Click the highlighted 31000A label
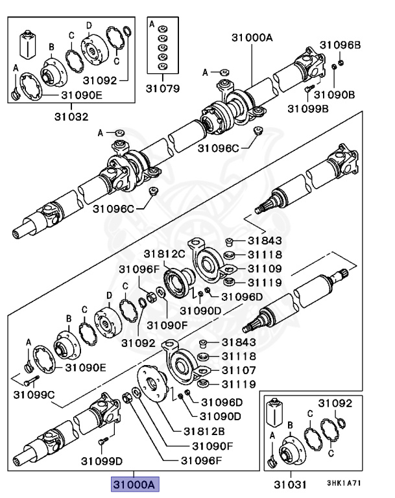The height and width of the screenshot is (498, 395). pyautogui.click(x=134, y=484)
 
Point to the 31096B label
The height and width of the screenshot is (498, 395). pyautogui.click(x=339, y=45)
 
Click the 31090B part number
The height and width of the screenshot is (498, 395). pyautogui.click(x=338, y=95)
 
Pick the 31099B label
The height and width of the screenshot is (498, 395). pyautogui.click(x=308, y=108)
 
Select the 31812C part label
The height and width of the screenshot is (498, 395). pyautogui.click(x=164, y=253)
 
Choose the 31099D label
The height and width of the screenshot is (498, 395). pyautogui.click(x=102, y=462)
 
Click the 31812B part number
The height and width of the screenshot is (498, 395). pyautogui.click(x=203, y=431)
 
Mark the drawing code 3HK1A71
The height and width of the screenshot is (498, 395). pyautogui.click(x=342, y=483)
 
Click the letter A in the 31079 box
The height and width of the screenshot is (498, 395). pyautogui.click(x=152, y=24)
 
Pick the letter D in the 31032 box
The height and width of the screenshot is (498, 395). pyautogui.click(x=90, y=24)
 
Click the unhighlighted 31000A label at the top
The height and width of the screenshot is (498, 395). pyautogui.click(x=252, y=38)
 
